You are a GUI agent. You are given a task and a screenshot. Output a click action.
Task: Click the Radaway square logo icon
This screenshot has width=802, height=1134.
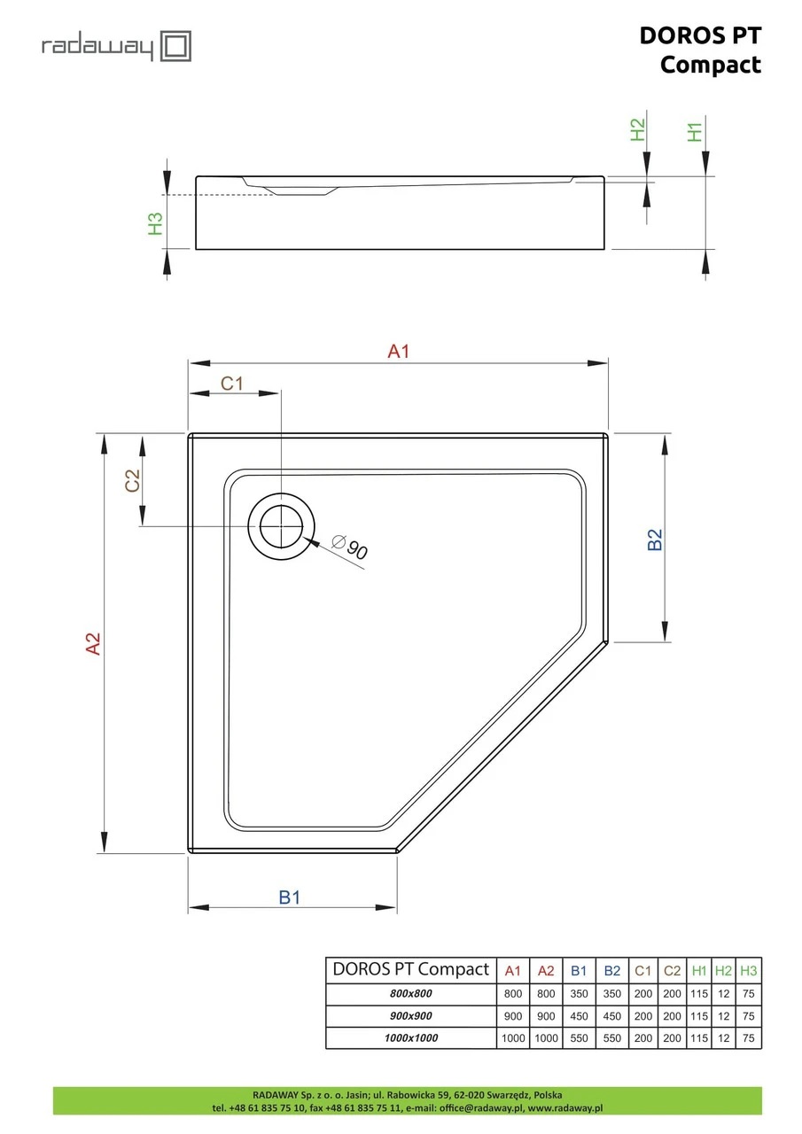point(175,46)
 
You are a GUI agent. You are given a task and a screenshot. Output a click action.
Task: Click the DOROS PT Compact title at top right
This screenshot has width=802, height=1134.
point(700,50)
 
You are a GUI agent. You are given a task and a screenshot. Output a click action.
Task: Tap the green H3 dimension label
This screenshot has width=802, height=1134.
point(155,223)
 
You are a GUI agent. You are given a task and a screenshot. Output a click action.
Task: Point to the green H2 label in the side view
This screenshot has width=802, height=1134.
point(637,129)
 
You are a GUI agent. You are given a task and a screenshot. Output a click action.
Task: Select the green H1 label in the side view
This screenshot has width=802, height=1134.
point(695,132)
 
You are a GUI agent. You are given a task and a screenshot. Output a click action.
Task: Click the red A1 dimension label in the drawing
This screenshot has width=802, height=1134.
point(398,351)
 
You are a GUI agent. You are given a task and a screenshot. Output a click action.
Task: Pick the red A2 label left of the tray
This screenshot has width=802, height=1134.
point(93,643)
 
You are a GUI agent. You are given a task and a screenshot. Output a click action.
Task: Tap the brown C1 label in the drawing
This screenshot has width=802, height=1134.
point(232,384)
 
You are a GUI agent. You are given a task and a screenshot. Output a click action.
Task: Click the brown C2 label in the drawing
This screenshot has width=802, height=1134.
point(132,480)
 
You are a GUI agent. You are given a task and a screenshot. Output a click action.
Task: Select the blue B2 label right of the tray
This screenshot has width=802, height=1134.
point(655,540)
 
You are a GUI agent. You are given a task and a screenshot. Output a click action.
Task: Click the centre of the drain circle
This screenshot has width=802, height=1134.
point(281,526)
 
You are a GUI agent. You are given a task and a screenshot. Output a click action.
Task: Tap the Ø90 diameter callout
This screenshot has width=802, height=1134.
point(350,548)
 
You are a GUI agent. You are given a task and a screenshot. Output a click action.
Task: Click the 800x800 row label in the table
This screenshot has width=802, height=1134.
point(410,993)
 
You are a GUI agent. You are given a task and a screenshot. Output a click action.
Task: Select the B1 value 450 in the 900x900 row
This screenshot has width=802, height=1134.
point(579,1015)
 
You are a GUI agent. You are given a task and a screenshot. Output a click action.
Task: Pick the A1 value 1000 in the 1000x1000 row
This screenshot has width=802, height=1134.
point(513,1037)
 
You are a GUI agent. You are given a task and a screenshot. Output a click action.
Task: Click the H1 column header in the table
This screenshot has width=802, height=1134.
point(698,970)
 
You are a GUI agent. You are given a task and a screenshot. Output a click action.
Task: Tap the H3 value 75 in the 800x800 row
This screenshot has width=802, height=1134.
point(748,993)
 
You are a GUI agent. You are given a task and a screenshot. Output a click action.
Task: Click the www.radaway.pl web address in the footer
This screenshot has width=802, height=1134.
point(565,1107)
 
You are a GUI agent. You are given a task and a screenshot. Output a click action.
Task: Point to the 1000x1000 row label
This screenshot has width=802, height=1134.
point(410,1037)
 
